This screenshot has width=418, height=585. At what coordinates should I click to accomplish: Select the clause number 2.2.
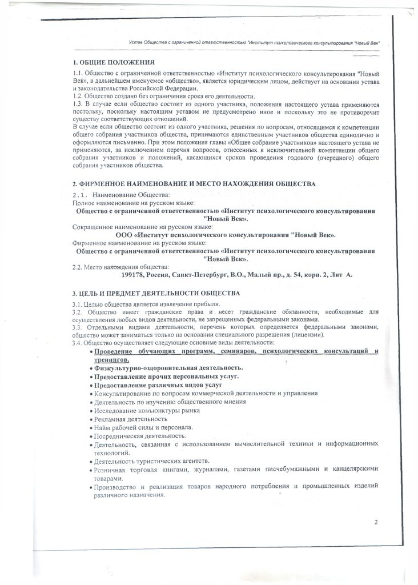[x=78, y=267]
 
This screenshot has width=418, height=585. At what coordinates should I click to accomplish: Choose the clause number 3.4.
[x=78, y=343]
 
